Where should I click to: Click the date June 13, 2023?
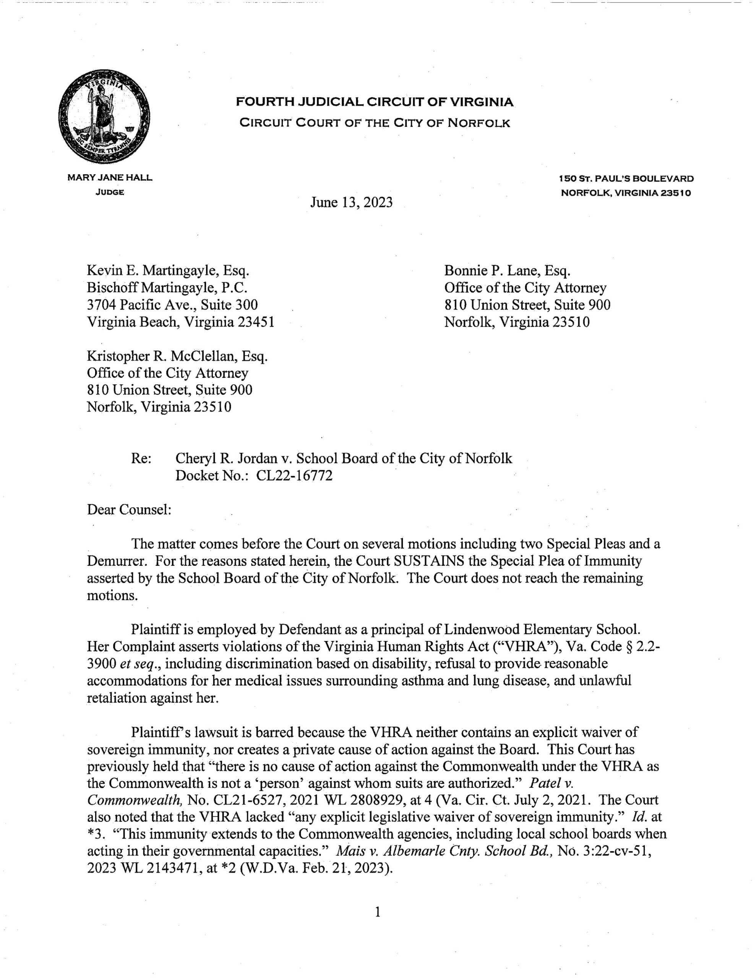(x=351, y=202)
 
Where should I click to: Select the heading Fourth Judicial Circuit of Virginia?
(x=375, y=102)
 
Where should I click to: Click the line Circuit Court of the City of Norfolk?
(x=375, y=123)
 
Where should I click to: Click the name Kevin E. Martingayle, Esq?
(x=168, y=270)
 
